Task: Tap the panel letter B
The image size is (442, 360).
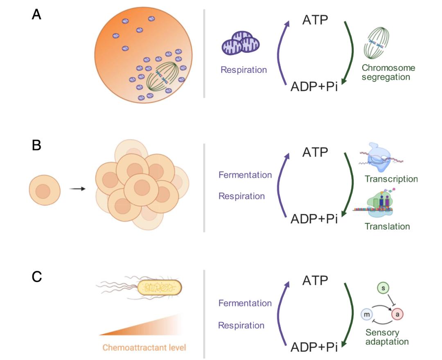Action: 37,145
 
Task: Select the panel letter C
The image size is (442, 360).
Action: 37,277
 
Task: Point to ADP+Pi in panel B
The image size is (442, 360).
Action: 314,219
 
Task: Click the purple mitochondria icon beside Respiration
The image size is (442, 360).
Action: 241,43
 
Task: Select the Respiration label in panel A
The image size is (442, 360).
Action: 244,70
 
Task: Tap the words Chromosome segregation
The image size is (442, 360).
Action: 389,72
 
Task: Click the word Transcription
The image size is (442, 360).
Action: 391,179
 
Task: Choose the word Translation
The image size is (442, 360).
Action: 387,226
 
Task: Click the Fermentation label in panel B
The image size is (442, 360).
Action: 245,175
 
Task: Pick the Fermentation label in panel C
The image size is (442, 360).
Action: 245,304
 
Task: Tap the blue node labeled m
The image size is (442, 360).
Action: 366,314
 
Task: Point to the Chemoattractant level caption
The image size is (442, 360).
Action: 144,348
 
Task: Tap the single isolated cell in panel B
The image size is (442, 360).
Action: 45,190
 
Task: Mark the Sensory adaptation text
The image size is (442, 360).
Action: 387,337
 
